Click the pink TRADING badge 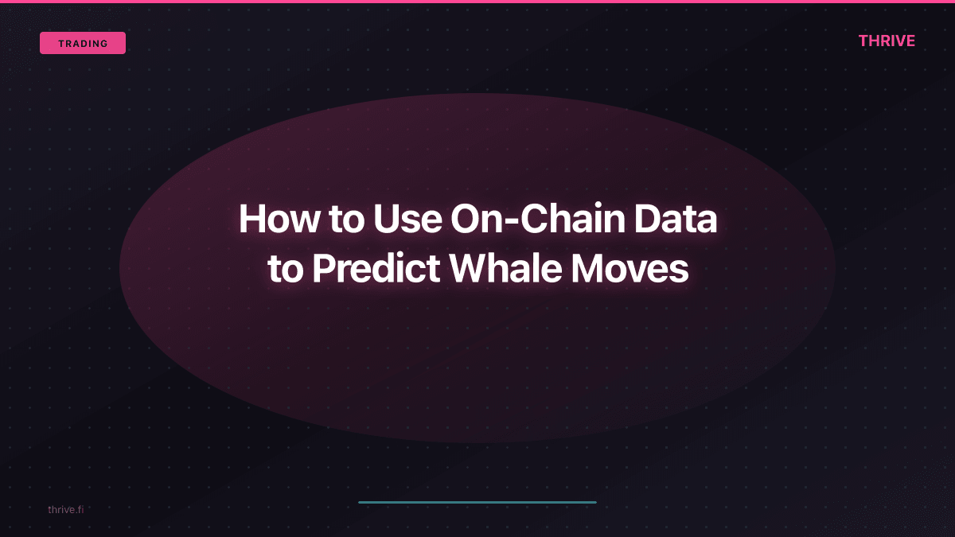pyautogui.click(x=83, y=43)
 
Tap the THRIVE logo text pyautogui.click(x=887, y=41)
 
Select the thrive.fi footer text pyautogui.click(x=65, y=509)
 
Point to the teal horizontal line pyautogui.click(x=477, y=502)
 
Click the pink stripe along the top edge pyautogui.click(x=477, y=2)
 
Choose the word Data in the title pyautogui.click(x=677, y=219)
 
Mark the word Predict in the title pyautogui.click(x=376, y=269)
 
